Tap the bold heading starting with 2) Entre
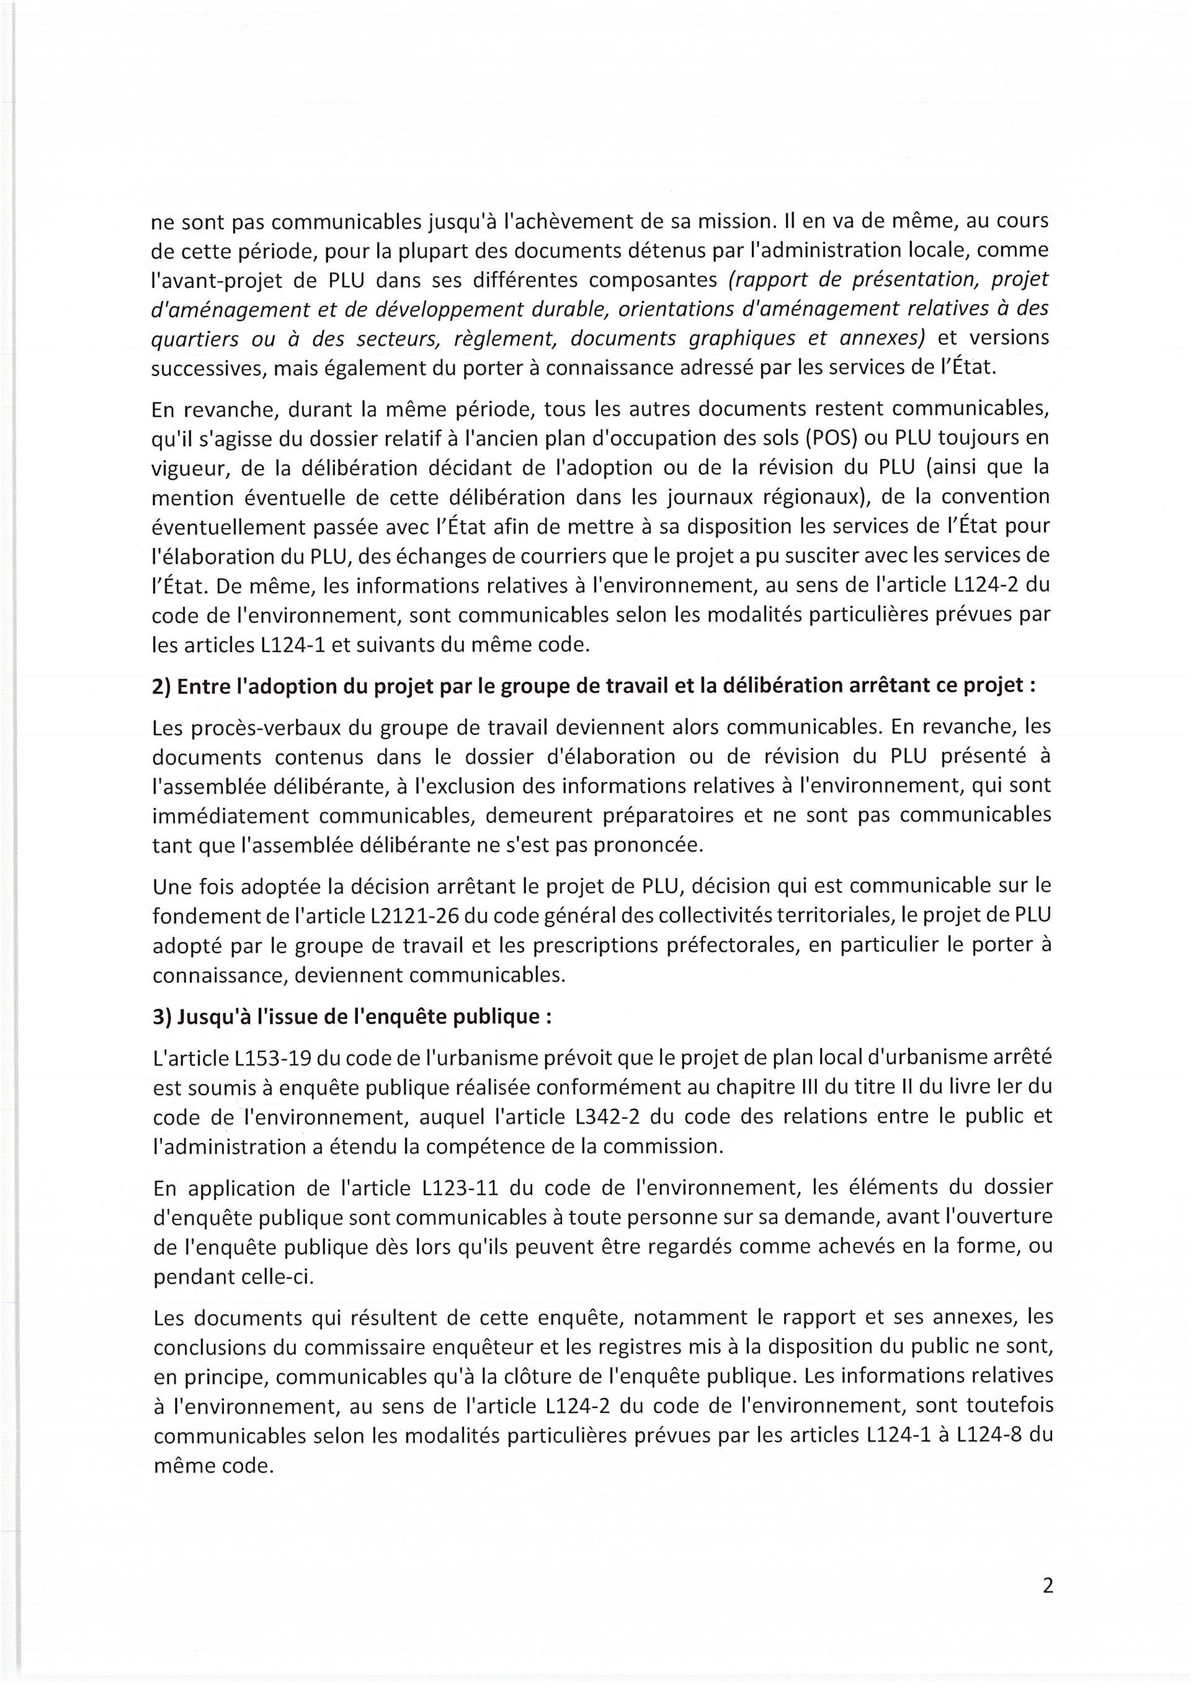pos(594,685)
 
